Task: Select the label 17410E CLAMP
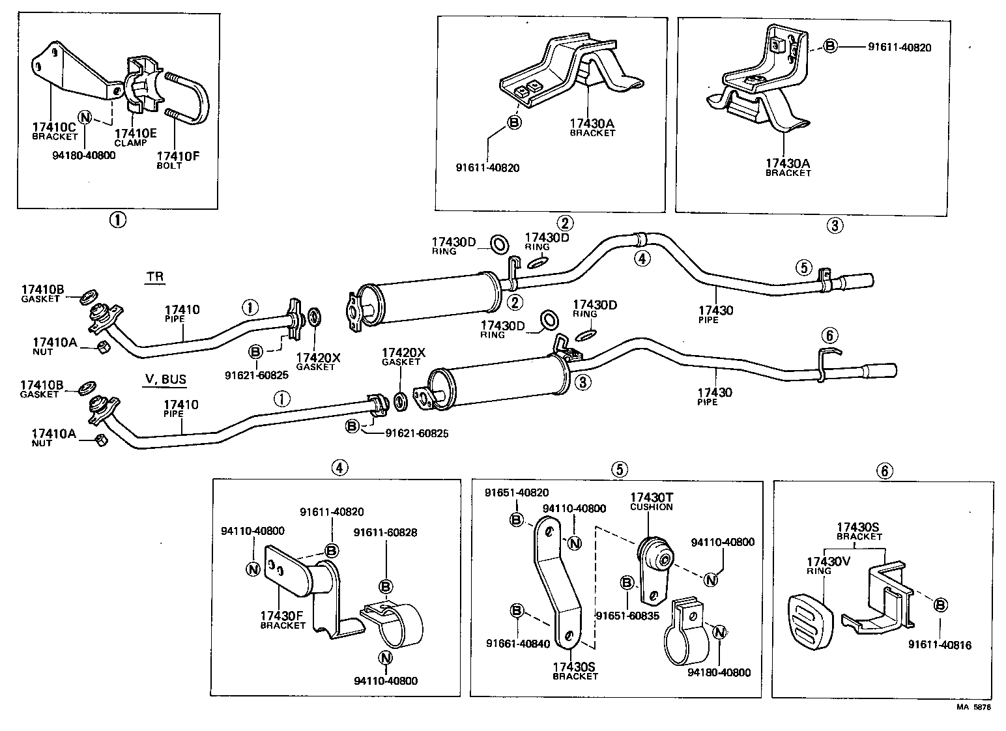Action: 136,137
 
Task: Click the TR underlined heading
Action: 154,277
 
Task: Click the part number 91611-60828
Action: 386,532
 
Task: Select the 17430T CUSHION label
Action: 651,501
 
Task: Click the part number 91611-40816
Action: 940,645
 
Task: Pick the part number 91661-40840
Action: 517,644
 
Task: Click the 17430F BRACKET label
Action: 282,620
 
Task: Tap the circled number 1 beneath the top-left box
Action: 117,220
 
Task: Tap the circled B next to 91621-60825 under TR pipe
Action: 256,352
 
